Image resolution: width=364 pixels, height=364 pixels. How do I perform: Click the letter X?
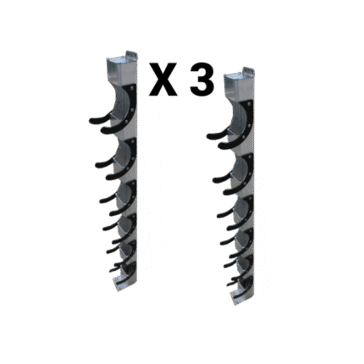(163, 80)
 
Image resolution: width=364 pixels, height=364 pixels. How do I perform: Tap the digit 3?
(201, 80)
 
